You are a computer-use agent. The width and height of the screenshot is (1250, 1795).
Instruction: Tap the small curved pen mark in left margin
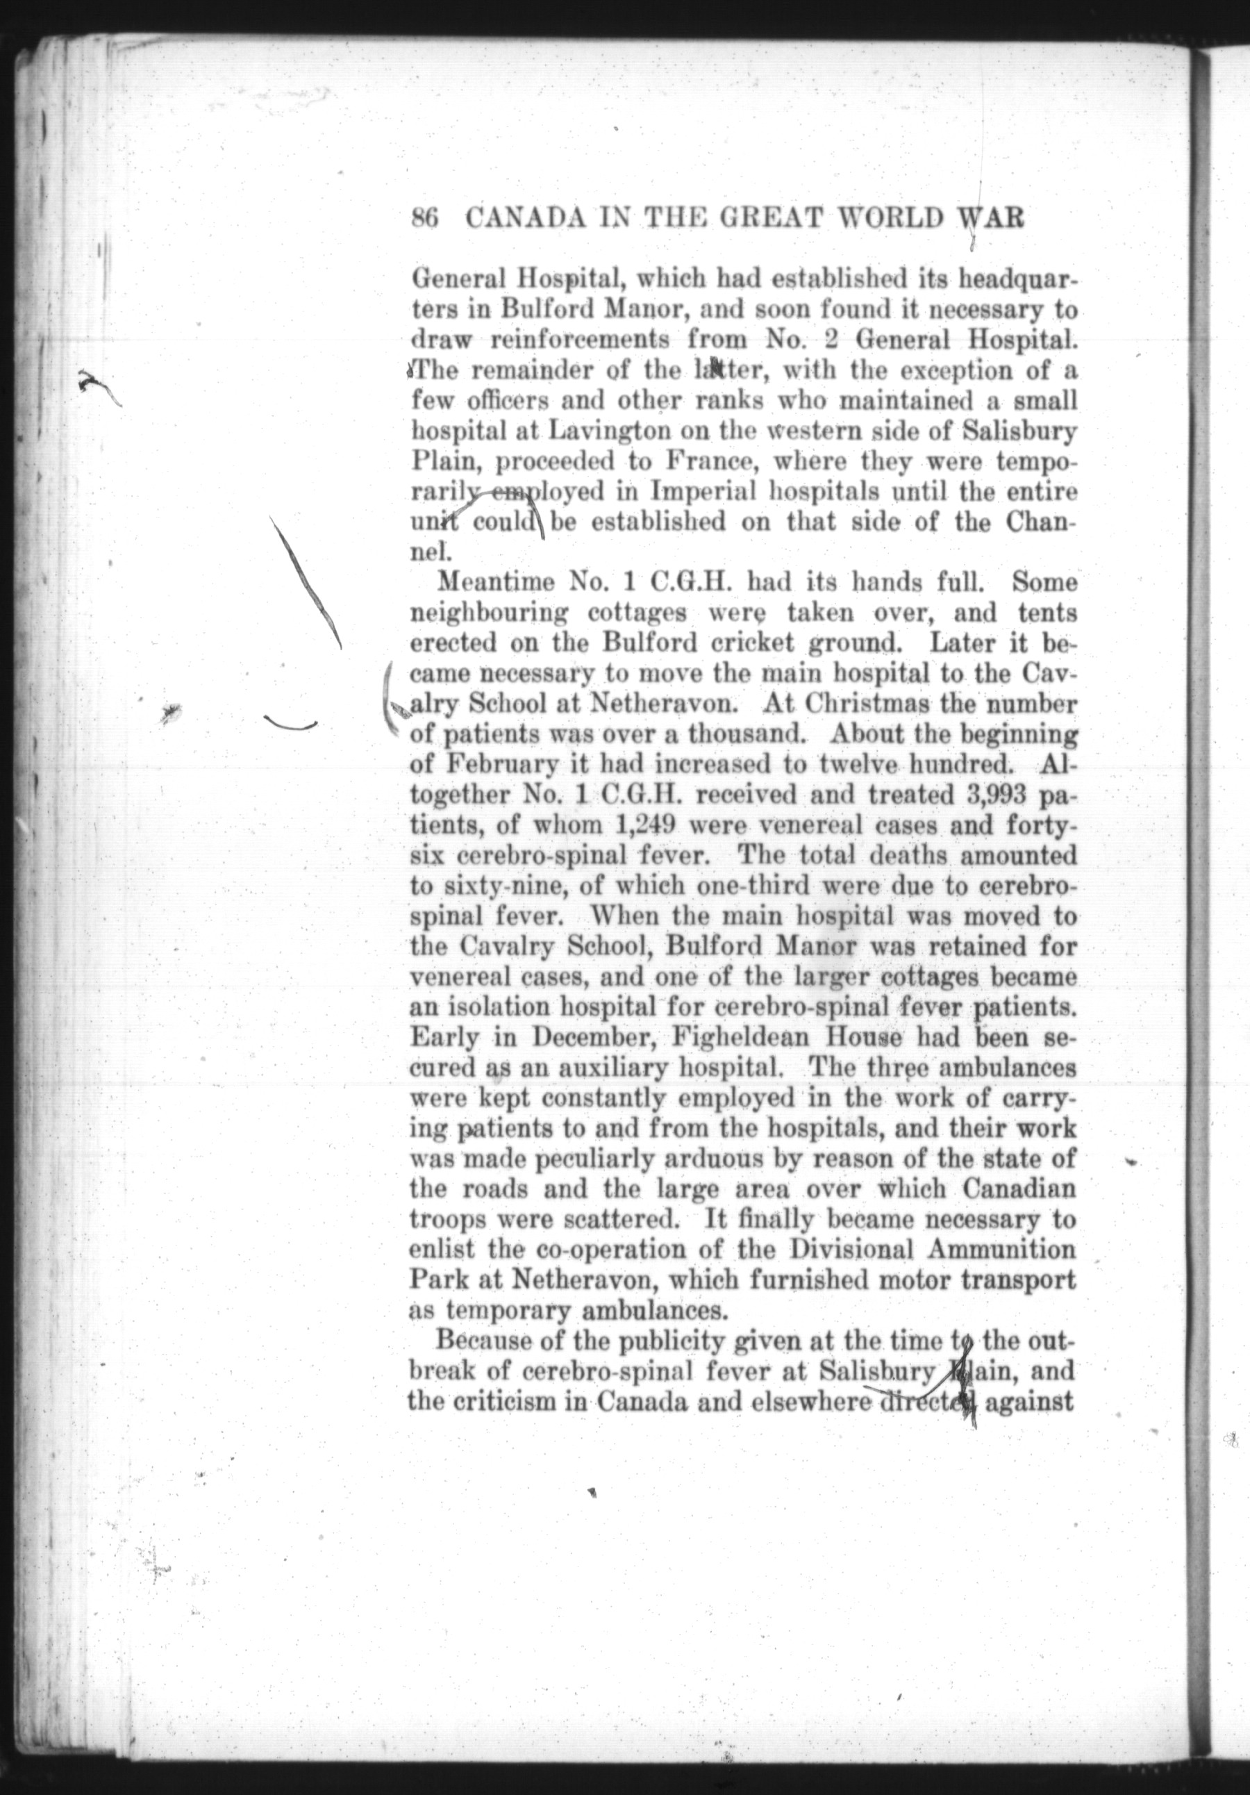(291, 725)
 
